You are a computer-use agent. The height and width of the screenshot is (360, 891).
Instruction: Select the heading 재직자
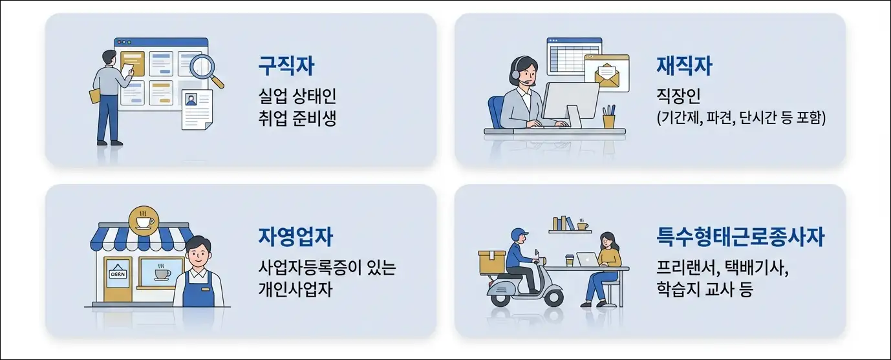click(x=684, y=66)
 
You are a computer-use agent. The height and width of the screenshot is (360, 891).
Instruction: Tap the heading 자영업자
click(x=295, y=237)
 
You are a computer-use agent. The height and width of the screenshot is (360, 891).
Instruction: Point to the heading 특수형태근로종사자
click(x=740, y=237)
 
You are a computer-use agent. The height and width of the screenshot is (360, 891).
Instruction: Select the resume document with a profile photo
click(x=196, y=109)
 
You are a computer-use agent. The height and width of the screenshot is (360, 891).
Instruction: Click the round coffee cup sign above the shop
click(x=144, y=220)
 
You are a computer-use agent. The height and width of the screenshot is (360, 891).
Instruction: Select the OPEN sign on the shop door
click(x=118, y=273)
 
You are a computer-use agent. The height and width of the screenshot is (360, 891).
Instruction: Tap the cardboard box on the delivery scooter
click(x=492, y=262)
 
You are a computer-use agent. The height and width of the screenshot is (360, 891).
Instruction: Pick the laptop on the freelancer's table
click(x=587, y=259)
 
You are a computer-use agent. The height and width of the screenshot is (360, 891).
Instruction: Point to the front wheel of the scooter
click(x=553, y=296)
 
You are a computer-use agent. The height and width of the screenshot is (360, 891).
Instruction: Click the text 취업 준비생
click(x=297, y=119)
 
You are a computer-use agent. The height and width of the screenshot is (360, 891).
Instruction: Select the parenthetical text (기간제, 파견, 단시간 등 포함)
click(x=741, y=119)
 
